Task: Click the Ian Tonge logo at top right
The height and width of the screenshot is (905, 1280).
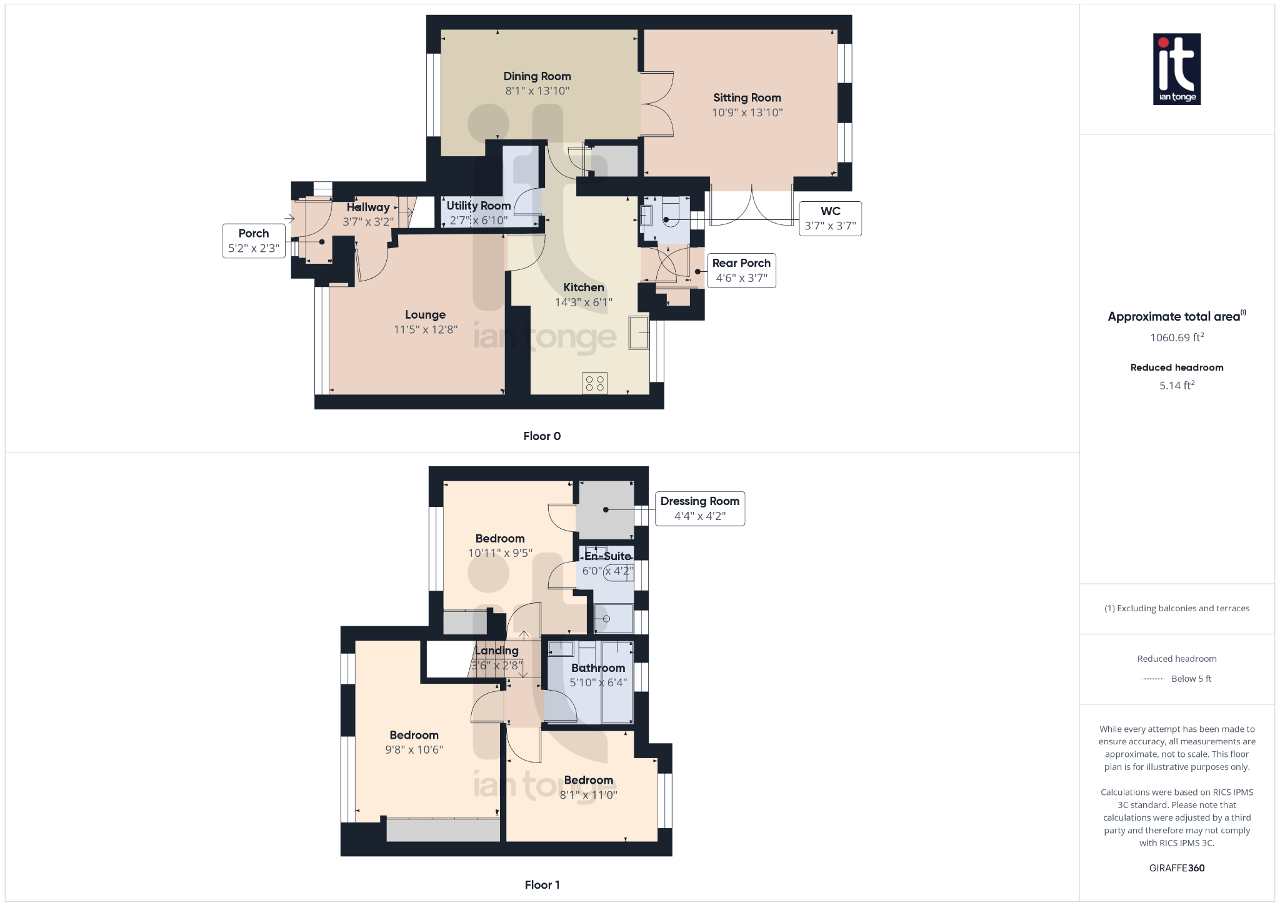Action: [x=1176, y=69]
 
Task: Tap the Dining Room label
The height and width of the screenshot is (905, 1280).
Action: [x=537, y=76]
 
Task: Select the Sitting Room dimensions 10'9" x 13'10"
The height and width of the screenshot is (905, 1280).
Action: [x=747, y=112]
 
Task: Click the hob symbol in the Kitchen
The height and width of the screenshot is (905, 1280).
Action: [x=594, y=383]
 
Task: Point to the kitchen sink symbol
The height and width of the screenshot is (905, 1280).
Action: [x=639, y=332]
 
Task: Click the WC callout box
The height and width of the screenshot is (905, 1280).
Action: [x=830, y=219]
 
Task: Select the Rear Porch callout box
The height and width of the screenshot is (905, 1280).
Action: [x=741, y=271]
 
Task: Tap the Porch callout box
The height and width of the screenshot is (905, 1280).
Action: [x=253, y=241]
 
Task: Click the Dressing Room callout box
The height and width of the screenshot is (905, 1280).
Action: [x=699, y=509]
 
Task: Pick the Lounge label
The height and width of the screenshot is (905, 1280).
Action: [x=425, y=315]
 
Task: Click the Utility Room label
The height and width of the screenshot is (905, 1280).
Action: [x=478, y=206]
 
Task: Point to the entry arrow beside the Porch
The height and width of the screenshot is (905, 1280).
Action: [x=289, y=219]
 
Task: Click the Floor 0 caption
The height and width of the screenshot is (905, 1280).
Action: [x=542, y=436]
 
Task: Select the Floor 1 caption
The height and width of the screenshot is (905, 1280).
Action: [x=542, y=885]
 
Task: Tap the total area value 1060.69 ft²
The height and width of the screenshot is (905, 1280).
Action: [x=1176, y=337]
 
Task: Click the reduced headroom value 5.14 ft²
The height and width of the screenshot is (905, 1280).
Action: [x=1176, y=386]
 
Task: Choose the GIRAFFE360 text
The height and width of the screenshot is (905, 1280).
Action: [x=1176, y=868]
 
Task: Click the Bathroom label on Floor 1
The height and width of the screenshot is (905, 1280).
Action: [x=597, y=668]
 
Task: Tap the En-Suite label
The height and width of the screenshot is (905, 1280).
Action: [x=607, y=556]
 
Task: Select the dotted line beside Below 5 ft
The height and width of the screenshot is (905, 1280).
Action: [x=1153, y=679]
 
